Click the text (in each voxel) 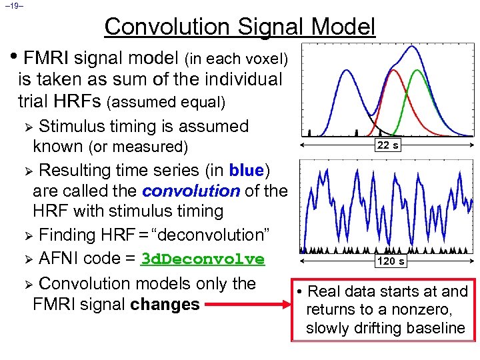coord(239,59)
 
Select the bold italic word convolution coord(191,191)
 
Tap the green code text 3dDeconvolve coord(203,259)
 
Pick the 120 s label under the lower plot coord(390,261)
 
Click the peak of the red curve coord(393,69)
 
